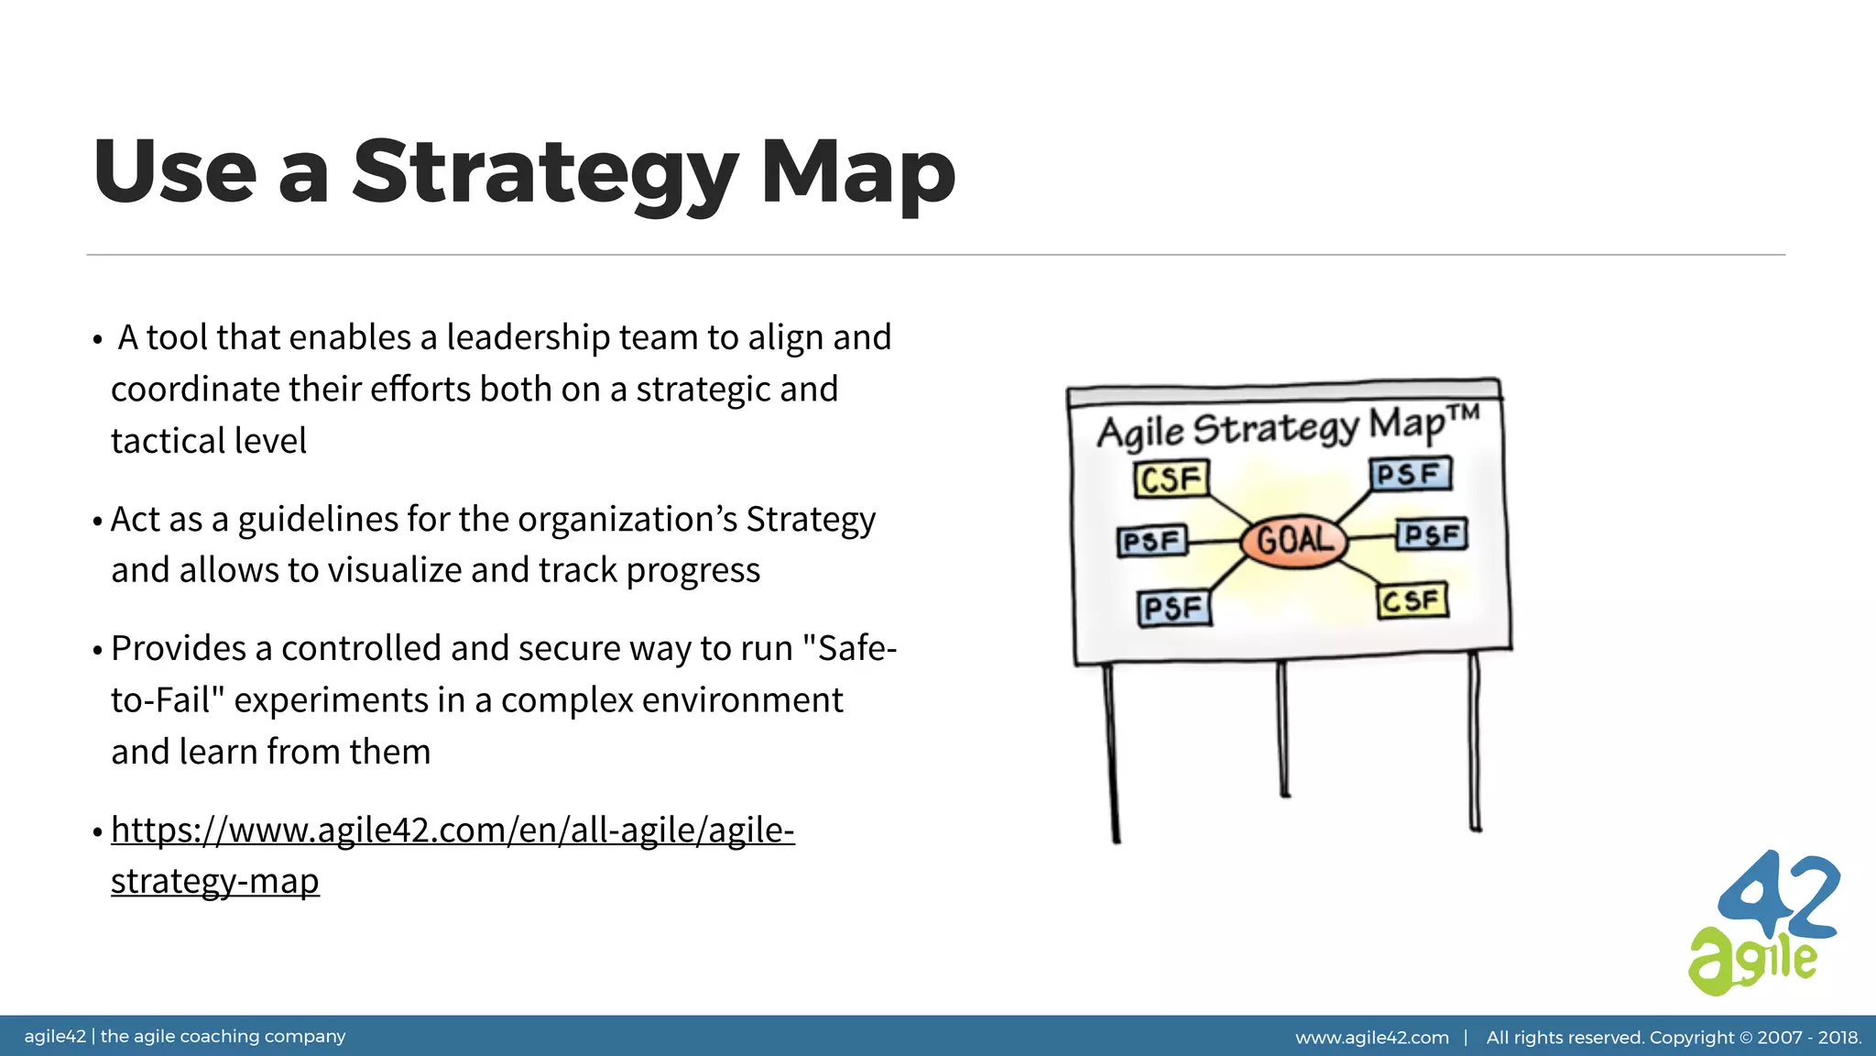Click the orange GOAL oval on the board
pos(1293,541)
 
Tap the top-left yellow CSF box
pos(1171,479)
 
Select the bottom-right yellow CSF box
pos(1412,601)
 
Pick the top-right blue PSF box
pos(1410,475)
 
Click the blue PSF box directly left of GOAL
pos(1151,542)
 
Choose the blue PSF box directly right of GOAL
pos(1431,534)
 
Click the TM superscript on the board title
pos(1464,412)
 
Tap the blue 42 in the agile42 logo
pos(1777,898)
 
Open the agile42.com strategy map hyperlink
pos(453,830)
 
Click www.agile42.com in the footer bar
pos(1371,1038)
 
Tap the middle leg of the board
pos(1283,729)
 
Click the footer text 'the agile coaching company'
pos(223,1037)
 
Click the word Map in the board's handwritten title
pos(1407,426)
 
